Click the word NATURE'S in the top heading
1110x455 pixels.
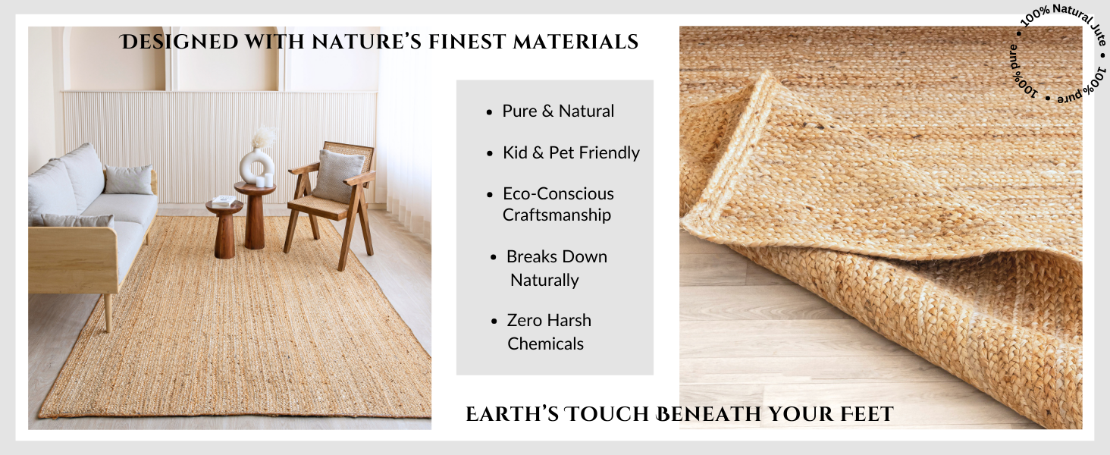[366, 42]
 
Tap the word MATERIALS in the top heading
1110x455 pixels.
[575, 42]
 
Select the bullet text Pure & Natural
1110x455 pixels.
[558, 111]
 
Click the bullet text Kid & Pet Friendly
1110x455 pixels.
[571, 152]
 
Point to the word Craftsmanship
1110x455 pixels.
[557, 215]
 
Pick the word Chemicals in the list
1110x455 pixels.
[545, 344]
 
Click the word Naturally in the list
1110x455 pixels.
[544, 280]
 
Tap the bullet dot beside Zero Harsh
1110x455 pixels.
[494, 322]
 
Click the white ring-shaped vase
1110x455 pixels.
[257, 167]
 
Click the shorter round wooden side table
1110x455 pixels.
[224, 228]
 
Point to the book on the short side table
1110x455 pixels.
[224, 200]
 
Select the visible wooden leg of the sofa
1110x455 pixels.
[107, 312]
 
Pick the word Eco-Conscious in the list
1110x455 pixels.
[558, 194]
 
